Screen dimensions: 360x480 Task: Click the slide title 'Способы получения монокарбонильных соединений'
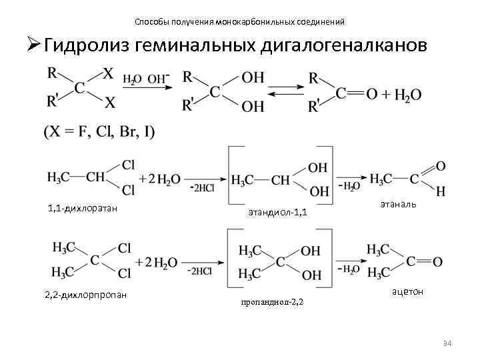coord(239,22)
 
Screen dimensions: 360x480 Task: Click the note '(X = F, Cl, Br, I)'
coord(99,132)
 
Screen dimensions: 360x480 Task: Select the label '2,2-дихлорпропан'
coord(86,294)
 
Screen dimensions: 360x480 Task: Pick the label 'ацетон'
coord(407,291)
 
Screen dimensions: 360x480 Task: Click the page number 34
coord(447,343)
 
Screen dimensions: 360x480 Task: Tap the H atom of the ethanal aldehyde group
coord(441,192)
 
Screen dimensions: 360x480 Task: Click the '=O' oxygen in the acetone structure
coord(437,262)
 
